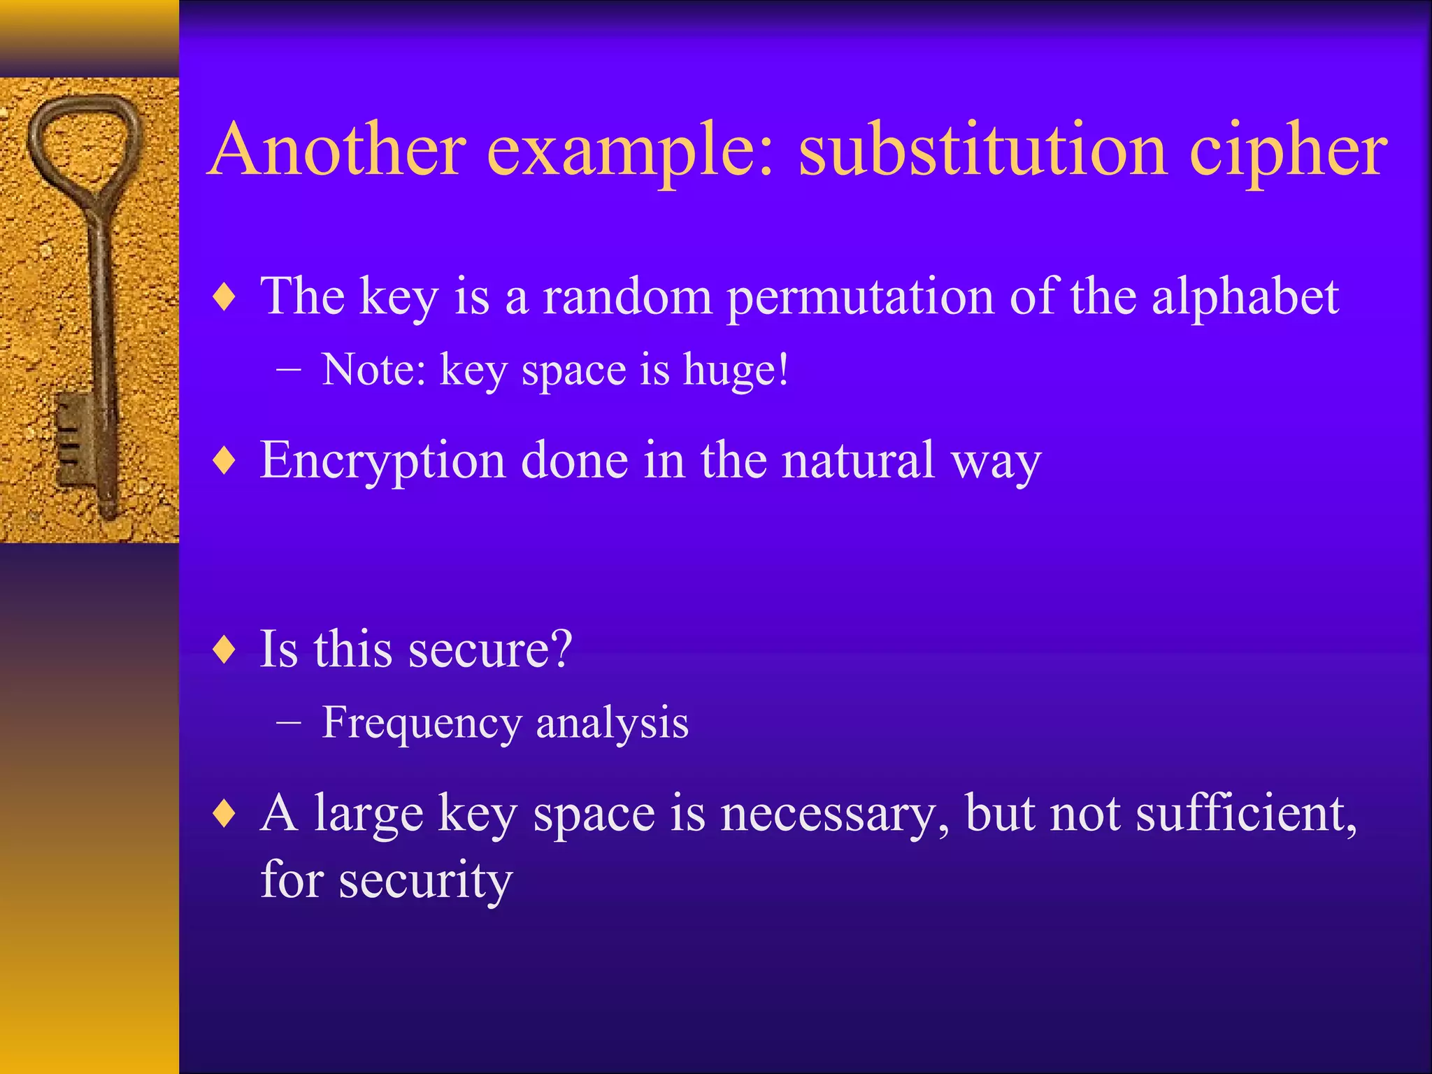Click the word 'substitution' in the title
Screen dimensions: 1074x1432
(x=982, y=150)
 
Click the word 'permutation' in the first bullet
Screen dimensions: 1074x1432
(x=860, y=298)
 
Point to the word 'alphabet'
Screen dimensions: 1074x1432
(x=1245, y=296)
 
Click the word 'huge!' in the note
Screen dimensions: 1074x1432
(x=736, y=371)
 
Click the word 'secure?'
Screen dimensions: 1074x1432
(x=489, y=649)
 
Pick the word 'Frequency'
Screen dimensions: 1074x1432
(x=421, y=723)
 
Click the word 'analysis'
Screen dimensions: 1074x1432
(x=612, y=723)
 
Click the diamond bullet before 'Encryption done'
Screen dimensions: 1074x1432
(x=224, y=461)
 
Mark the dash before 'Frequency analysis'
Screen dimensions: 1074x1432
(x=288, y=723)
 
